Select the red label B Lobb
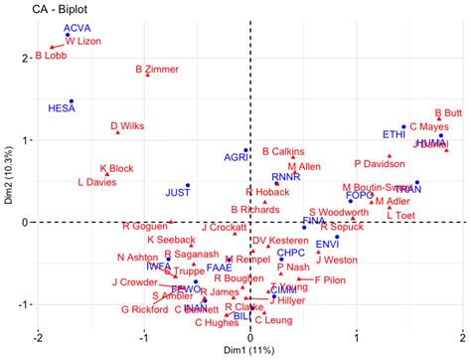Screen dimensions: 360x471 [51, 56]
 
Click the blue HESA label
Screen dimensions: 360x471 [62, 105]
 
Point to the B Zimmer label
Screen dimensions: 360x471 [156, 70]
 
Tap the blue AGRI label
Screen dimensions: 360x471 [235, 157]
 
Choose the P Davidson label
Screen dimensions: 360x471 [379, 163]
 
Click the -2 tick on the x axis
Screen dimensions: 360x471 [39, 335]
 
